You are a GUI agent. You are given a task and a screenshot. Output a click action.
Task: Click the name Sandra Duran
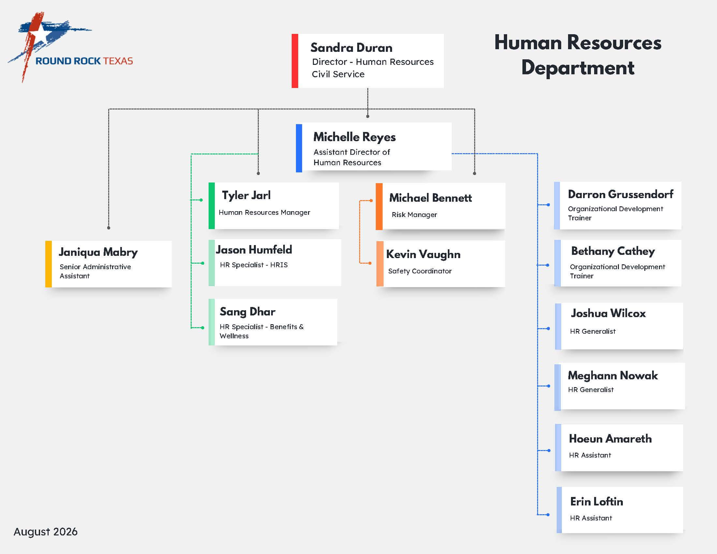pyautogui.click(x=351, y=48)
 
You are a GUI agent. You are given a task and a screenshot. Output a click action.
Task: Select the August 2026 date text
pyautogui.click(x=46, y=532)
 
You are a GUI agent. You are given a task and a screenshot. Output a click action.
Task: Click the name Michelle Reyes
pyautogui.click(x=354, y=137)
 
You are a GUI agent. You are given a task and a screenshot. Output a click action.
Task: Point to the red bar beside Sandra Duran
pyautogui.click(x=295, y=61)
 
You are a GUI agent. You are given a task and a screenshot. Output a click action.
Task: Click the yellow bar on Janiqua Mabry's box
pyautogui.click(x=48, y=264)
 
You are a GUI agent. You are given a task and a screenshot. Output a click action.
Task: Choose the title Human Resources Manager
pyautogui.click(x=264, y=212)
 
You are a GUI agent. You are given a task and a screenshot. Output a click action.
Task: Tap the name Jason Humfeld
pyautogui.click(x=254, y=250)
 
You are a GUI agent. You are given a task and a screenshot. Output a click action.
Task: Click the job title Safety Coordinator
pyautogui.click(x=420, y=271)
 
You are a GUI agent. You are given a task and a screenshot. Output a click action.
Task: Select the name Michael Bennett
pyautogui.click(x=431, y=198)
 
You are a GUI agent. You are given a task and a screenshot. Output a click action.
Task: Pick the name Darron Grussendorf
pyautogui.click(x=621, y=194)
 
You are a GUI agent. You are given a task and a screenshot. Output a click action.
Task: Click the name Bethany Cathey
pyautogui.click(x=613, y=251)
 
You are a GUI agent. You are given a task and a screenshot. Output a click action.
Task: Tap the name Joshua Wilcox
pyautogui.click(x=608, y=313)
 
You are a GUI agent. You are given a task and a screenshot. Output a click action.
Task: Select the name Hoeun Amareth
pyautogui.click(x=610, y=439)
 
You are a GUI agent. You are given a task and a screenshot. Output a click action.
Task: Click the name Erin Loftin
pyautogui.click(x=596, y=502)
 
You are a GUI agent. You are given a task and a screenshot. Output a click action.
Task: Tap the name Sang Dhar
pyautogui.click(x=248, y=312)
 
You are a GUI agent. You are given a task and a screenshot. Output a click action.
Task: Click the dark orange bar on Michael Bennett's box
pyautogui.click(x=379, y=206)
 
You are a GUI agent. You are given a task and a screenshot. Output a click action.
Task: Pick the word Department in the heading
pyautogui.click(x=578, y=68)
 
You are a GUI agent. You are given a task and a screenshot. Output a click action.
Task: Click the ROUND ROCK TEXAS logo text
pyautogui.click(x=84, y=61)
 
